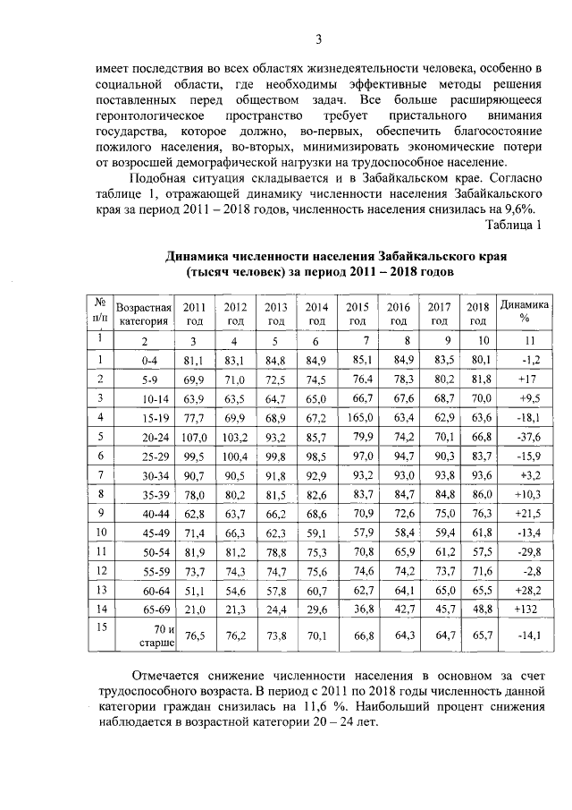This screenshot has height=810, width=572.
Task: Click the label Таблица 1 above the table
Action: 513,223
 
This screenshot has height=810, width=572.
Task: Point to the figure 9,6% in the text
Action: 522,207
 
